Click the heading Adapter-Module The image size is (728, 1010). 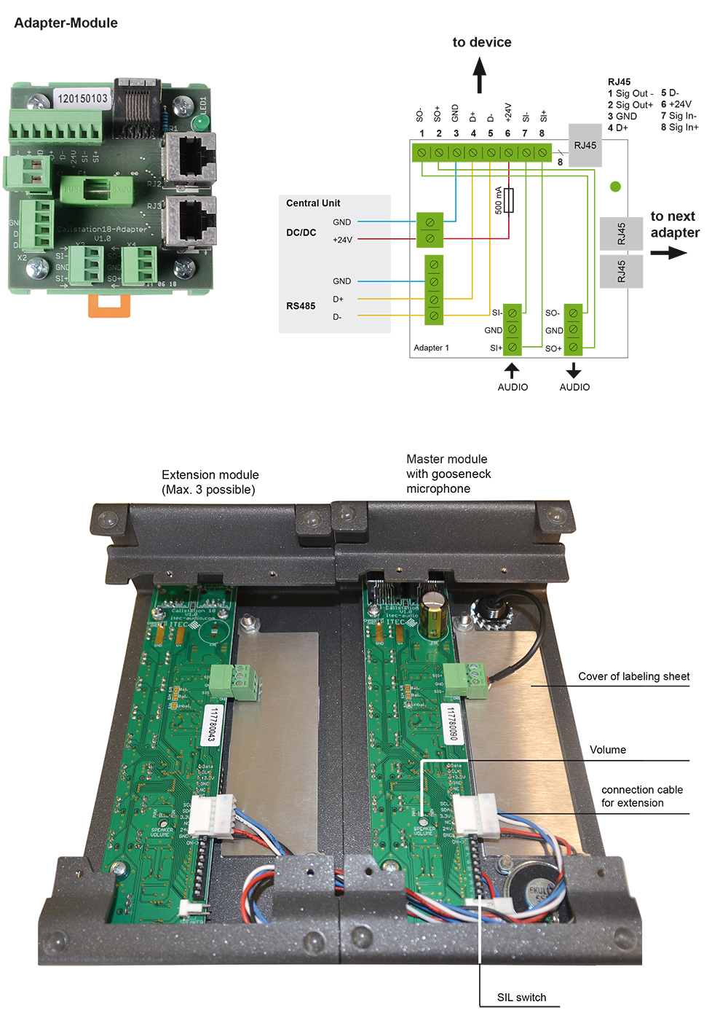tap(66, 23)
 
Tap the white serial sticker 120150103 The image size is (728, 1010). tap(82, 98)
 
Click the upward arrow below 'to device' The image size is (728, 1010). tap(480, 75)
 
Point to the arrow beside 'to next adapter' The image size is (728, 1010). tap(668, 253)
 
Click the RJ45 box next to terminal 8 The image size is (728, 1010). tap(585, 146)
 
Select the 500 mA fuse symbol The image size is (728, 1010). tap(508, 200)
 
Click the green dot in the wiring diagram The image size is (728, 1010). tap(615, 187)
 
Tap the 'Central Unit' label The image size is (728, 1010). tap(313, 203)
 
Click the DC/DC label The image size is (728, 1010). tap(301, 232)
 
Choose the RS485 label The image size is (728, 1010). tap(301, 306)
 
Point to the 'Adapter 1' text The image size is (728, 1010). tap(431, 348)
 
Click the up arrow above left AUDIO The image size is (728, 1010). tap(512, 370)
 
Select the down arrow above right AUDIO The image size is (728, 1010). tap(574, 370)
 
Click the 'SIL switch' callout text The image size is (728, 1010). tap(521, 998)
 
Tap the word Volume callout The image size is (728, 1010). tap(608, 750)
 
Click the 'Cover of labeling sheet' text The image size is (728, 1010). tap(633, 676)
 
